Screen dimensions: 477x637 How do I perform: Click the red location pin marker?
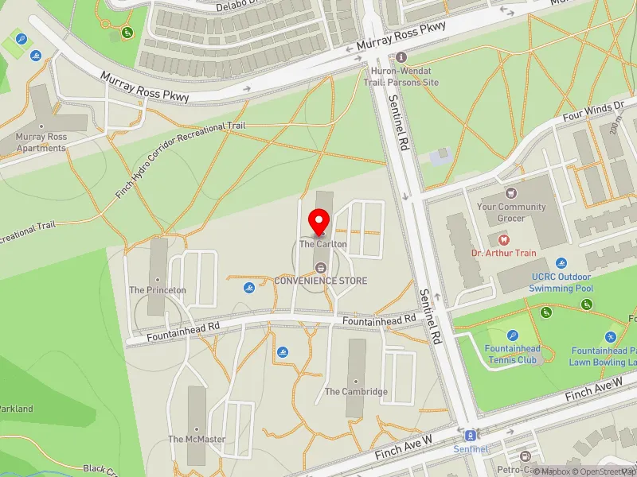click(x=320, y=222)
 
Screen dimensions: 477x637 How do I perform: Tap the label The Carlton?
click(x=323, y=244)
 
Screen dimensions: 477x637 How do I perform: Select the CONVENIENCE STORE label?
click(x=321, y=281)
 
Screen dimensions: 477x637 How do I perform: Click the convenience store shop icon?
click(x=321, y=267)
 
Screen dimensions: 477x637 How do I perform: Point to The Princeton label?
click(x=158, y=290)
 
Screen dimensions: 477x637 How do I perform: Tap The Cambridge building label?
click(x=356, y=391)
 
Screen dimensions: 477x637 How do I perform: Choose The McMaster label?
click(x=197, y=439)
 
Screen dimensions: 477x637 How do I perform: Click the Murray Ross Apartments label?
click(x=41, y=142)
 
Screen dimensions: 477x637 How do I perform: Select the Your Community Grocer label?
click(x=511, y=211)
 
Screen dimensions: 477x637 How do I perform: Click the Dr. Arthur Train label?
click(x=502, y=253)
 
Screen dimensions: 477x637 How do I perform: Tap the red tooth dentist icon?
click(x=502, y=238)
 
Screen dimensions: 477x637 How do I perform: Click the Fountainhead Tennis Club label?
click(x=513, y=354)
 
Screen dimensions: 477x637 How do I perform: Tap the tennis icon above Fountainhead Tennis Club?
click(x=512, y=335)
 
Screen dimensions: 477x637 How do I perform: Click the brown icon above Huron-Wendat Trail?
click(x=401, y=57)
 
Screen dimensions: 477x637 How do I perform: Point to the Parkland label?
click(x=16, y=409)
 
